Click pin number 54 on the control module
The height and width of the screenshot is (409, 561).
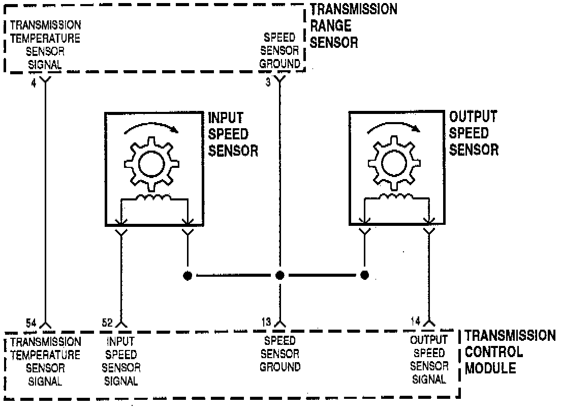(x=32, y=322)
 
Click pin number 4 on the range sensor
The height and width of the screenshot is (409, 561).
(x=34, y=82)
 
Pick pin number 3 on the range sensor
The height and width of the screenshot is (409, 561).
(x=268, y=82)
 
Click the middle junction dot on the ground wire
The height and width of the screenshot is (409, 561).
(x=279, y=276)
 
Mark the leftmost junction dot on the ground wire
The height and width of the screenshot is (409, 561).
(x=188, y=276)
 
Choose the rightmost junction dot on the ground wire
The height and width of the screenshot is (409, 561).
(x=364, y=276)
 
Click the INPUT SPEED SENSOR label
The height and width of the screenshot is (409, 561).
(x=234, y=135)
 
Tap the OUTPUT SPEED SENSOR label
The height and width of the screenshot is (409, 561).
(x=474, y=133)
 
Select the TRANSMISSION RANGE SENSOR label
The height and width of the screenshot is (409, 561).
(x=353, y=25)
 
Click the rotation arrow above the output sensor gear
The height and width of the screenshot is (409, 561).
(x=395, y=125)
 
